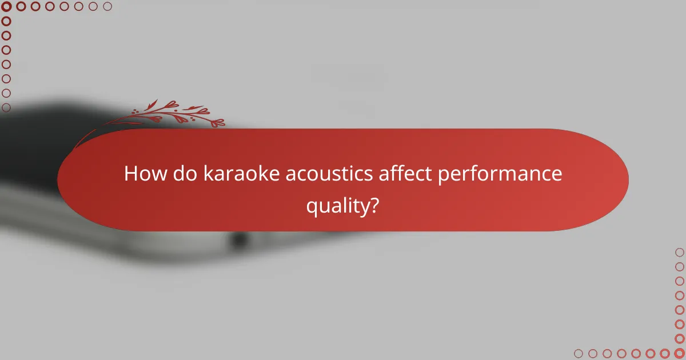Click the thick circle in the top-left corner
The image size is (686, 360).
[x=7, y=7]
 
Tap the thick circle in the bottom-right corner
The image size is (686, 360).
[x=679, y=353]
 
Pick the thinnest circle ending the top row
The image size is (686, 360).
[x=107, y=7]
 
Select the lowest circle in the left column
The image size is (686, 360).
[x=7, y=107]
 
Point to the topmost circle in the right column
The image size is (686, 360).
[x=679, y=252]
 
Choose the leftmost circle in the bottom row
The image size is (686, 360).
[x=579, y=353]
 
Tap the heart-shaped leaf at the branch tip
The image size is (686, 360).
[x=218, y=122]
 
